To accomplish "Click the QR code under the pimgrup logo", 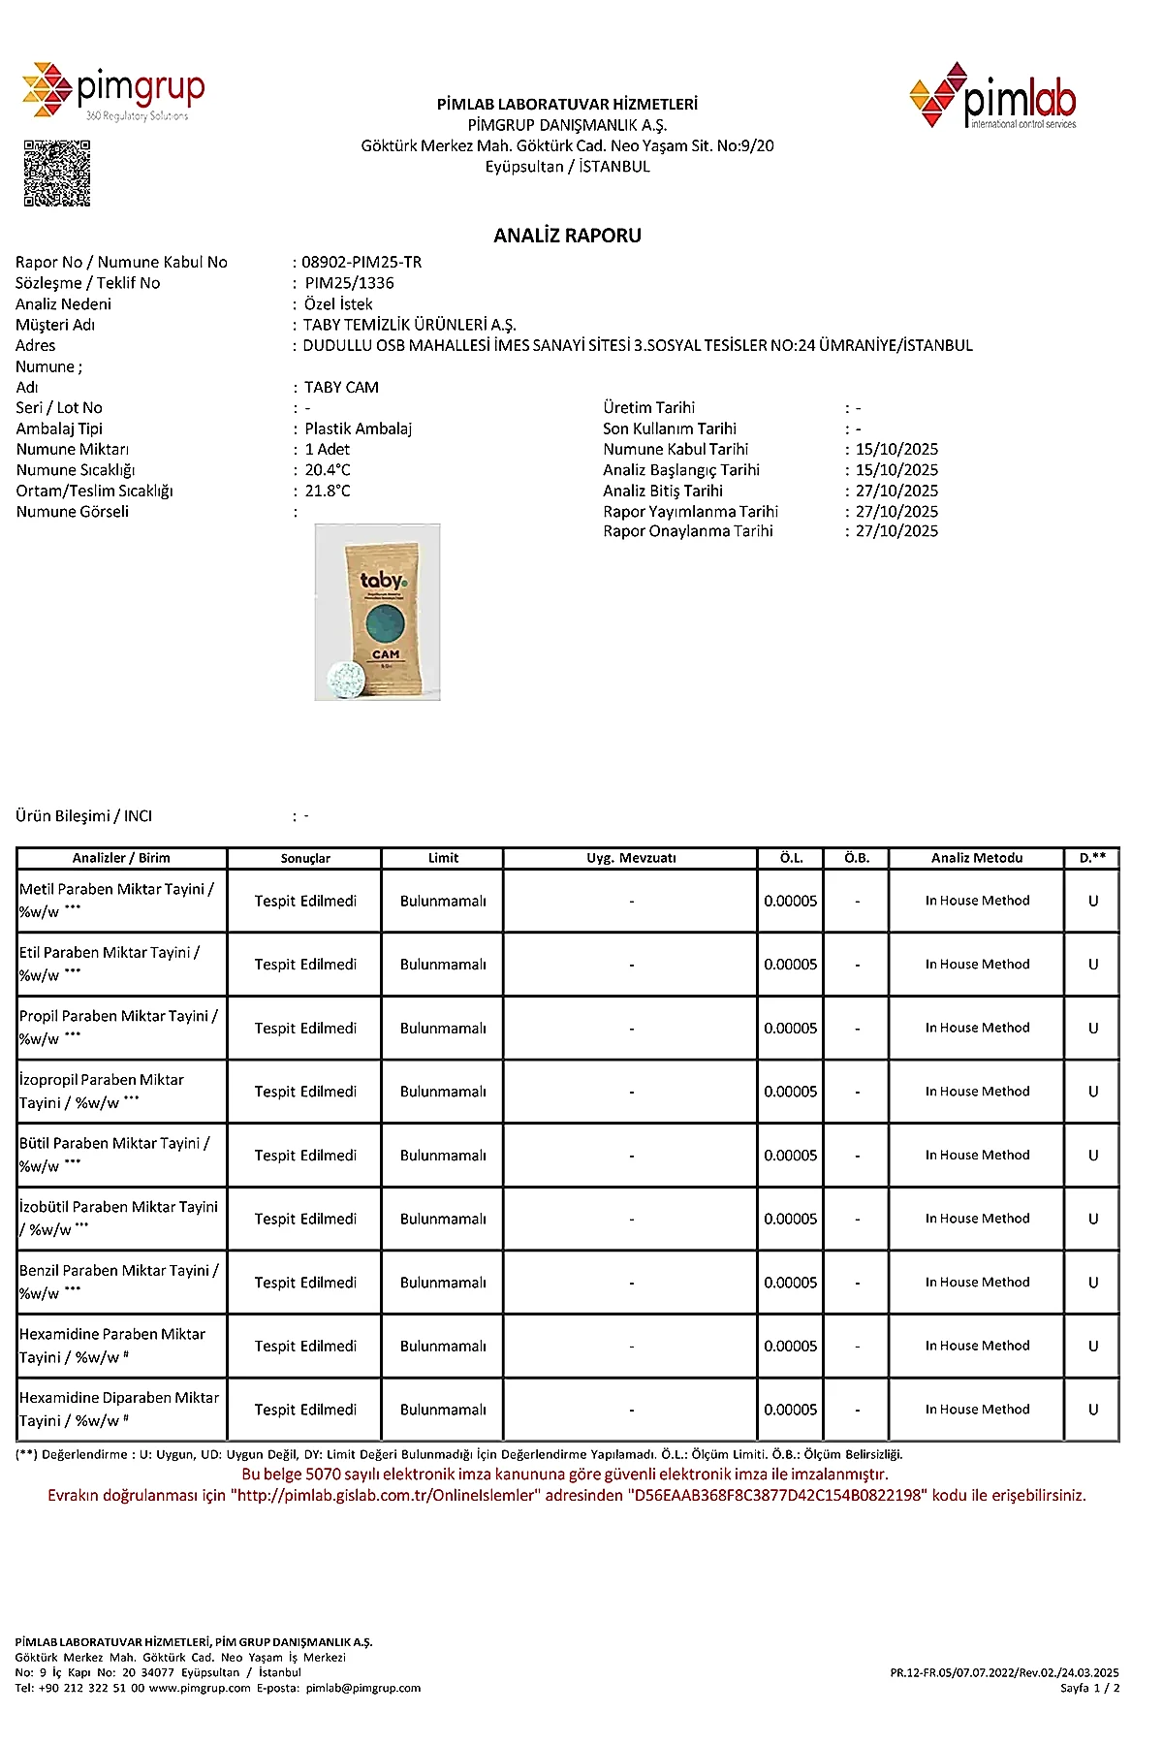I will pos(57,173).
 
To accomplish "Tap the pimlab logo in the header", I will pos(993,96).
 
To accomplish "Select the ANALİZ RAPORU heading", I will pos(567,236).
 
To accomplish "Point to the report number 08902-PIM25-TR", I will pos(361,262).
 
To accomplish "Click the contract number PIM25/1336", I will pos(349,283).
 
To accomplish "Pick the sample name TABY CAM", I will pos(341,387).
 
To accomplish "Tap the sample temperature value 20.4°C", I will pos(328,470).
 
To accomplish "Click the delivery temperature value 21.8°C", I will pos(328,491).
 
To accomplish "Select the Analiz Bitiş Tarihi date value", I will pos(896,491).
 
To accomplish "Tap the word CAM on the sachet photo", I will pos(386,654).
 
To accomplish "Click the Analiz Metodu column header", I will pos(976,858).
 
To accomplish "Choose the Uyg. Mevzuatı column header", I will pos(631,858).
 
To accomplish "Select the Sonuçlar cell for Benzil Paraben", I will pos(305,1283).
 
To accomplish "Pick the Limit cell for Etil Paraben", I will pos(443,965).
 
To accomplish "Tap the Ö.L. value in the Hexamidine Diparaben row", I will pos(790,1410).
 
